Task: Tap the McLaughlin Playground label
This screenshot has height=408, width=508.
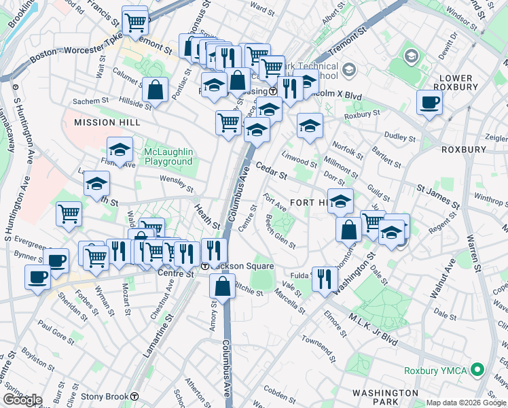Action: [168, 156]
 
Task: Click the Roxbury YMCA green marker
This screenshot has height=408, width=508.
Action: [477, 371]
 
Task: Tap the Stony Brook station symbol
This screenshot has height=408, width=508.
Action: [135, 396]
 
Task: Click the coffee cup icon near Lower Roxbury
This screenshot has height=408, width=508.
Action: [430, 103]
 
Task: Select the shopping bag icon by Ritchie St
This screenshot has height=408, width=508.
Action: [223, 287]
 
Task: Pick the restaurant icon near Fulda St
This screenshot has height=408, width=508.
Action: [325, 278]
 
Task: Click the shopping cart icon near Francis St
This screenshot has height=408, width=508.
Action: [135, 21]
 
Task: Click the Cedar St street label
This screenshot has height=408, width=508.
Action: [272, 171]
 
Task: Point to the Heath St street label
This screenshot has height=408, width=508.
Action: [208, 216]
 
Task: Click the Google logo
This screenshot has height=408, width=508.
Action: [23, 399]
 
